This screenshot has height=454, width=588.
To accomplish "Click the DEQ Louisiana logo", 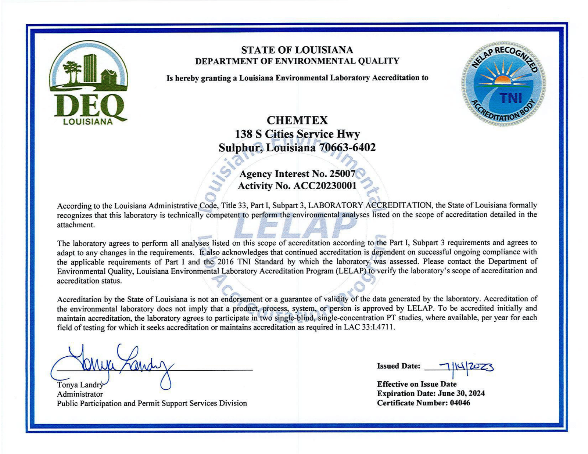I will [88, 83].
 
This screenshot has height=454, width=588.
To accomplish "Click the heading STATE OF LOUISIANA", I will [297, 50].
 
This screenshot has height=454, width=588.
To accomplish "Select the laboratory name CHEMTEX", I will [297, 120].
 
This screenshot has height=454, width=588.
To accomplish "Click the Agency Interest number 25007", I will [342, 174].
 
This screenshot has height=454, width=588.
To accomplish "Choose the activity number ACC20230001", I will [325, 186].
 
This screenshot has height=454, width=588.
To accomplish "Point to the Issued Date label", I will [398, 366].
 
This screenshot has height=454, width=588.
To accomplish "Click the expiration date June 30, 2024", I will [461, 393].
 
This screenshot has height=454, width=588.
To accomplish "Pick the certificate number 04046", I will [460, 403].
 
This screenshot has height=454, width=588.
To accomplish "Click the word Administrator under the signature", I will [80, 394].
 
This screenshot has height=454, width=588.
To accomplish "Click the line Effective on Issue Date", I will [417, 384].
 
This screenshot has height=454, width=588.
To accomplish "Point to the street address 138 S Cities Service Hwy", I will [297, 134].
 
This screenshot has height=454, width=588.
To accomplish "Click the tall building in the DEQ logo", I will [90, 68].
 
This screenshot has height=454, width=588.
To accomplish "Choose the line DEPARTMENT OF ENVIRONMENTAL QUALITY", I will [297, 61].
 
